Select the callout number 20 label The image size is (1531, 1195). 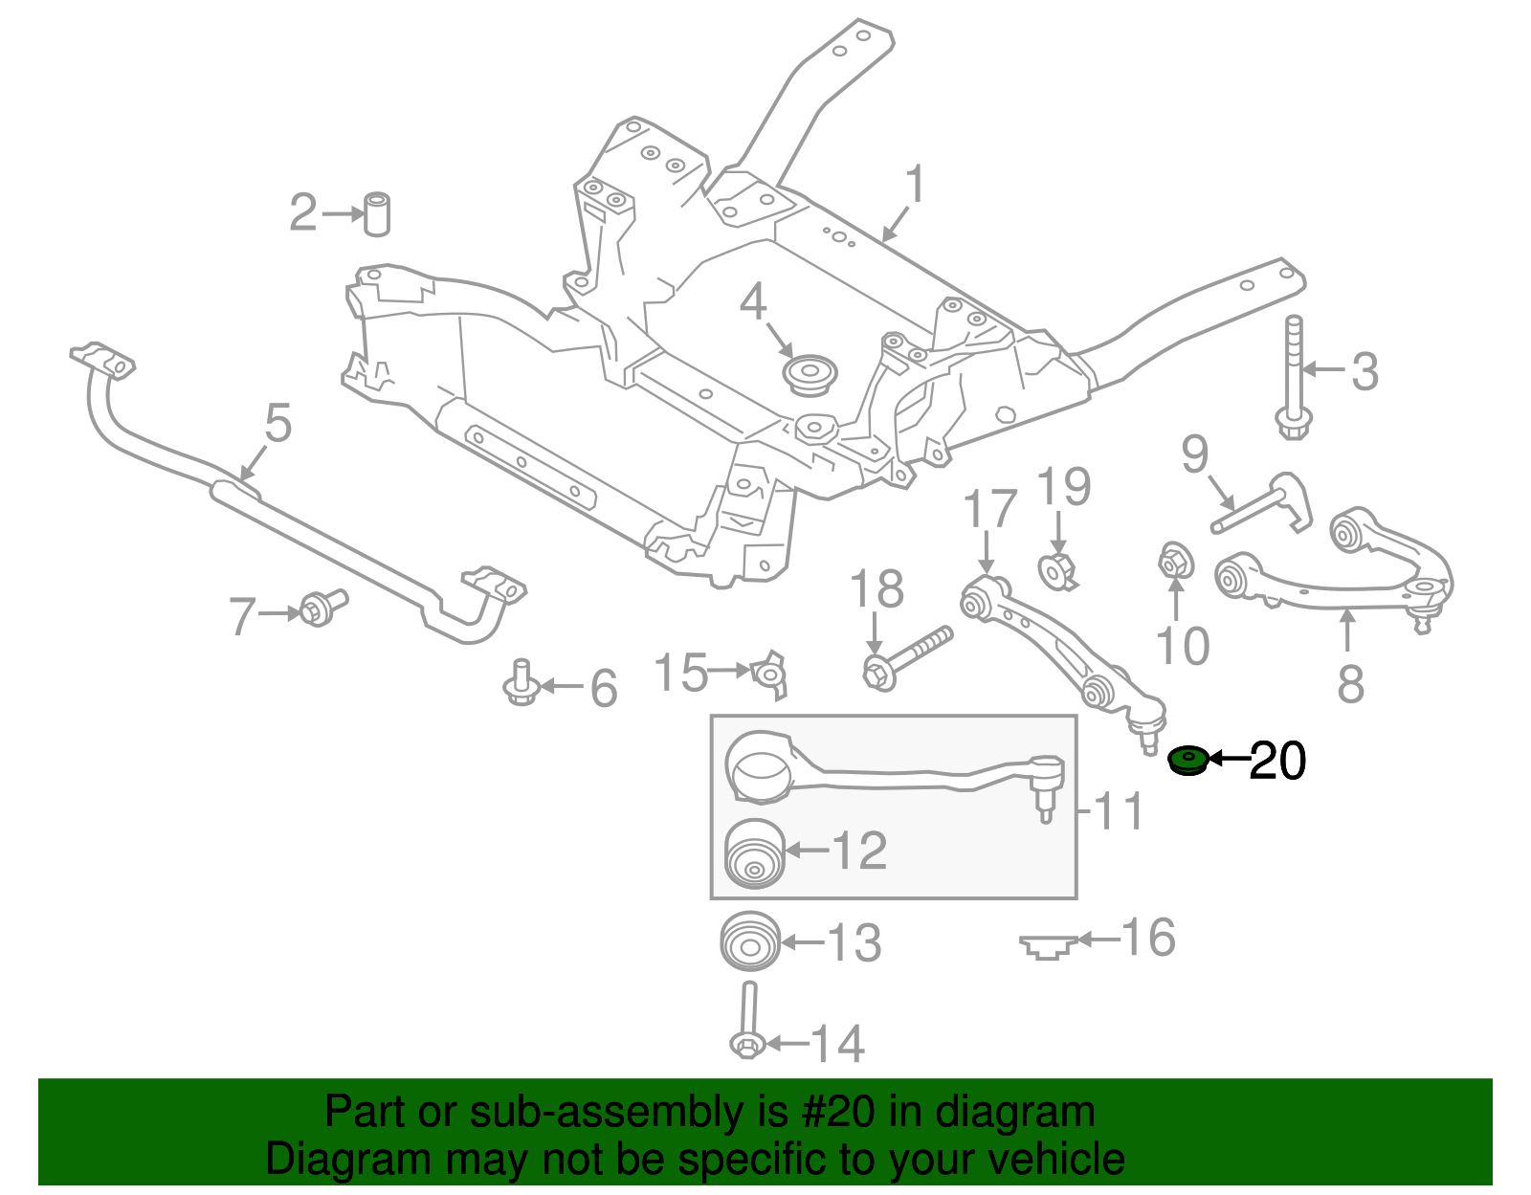tap(1277, 762)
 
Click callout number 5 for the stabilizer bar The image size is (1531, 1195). tap(277, 423)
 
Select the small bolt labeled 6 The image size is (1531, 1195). tap(521, 682)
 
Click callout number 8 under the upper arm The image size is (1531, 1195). tap(1350, 683)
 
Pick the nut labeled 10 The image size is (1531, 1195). tap(1175, 562)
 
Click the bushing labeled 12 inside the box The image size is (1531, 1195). tap(755, 854)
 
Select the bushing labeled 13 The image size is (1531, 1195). tap(750, 942)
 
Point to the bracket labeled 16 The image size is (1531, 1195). tap(1048, 946)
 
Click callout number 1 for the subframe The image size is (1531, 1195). tap(916, 185)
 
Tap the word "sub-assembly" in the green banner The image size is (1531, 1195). tap(606, 1113)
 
